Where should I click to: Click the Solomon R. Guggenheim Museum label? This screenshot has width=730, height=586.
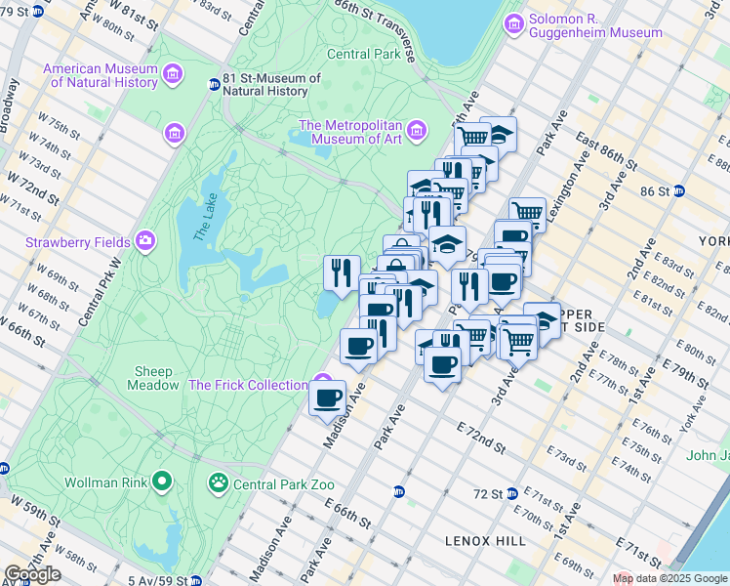pyautogui.click(x=595, y=25)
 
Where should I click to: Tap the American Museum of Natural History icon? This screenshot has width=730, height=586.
pyautogui.click(x=173, y=74)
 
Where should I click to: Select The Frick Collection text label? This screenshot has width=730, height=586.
pyautogui.click(x=248, y=385)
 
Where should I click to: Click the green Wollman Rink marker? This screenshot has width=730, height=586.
pyautogui.click(x=162, y=481)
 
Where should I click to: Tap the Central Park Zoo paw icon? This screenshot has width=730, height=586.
pyautogui.click(x=217, y=482)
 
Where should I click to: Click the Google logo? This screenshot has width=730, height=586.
pyautogui.click(x=32, y=574)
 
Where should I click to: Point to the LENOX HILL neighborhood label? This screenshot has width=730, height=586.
pyautogui.click(x=486, y=541)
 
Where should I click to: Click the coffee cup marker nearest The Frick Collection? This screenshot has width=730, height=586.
pyautogui.click(x=327, y=397)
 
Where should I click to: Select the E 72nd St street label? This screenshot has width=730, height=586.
pyautogui.click(x=480, y=438)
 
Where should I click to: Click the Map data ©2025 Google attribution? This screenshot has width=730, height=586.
pyautogui.click(x=669, y=578)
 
